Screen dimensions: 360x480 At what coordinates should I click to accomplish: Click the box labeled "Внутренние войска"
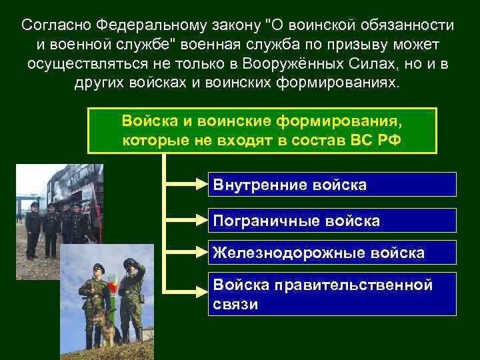pos(333,185)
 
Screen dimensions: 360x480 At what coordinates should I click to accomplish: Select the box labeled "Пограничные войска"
pos(333,221)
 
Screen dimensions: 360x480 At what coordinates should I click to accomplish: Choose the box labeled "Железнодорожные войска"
pos(333,253)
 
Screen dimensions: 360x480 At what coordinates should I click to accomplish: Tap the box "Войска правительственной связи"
pos(333,294)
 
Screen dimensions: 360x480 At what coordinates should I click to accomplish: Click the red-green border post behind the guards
pos(114,293)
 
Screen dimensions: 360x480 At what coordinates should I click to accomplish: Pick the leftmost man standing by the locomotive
pos(33,230)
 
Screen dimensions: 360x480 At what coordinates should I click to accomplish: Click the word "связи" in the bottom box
pos(235,304)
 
